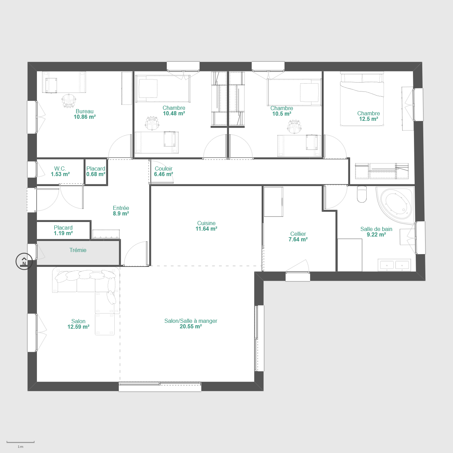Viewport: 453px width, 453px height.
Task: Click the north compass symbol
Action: [24, 261]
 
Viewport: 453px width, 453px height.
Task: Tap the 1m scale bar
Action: [20, 442]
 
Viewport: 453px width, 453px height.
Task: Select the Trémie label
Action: [78, 250]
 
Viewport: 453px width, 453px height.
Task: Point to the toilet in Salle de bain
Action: [362, 194]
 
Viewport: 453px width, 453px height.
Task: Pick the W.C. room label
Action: [60, 168]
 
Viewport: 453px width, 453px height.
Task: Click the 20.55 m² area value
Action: [191, 327]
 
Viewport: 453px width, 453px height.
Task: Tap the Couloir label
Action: [164, 168]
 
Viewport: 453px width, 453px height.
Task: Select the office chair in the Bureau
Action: [69, 100]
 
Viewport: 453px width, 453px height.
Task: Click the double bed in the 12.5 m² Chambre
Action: [362, 99]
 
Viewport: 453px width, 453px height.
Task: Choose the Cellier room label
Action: [298, 234]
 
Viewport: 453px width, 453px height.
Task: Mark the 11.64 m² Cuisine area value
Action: [206, 229]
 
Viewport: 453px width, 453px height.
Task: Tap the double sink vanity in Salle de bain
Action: [394, 265]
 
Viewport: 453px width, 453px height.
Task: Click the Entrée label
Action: [121, 208]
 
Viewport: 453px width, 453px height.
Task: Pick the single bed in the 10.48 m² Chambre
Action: [163, 89]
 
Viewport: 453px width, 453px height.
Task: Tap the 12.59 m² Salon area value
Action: [78, 327]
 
